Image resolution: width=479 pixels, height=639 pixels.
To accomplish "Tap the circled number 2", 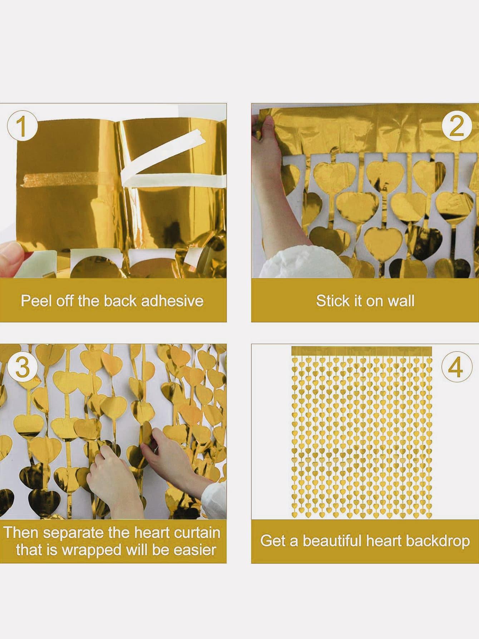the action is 456,126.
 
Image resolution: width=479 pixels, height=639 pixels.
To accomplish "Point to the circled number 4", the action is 456,368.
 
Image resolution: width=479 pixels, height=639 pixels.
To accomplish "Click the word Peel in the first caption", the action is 34,301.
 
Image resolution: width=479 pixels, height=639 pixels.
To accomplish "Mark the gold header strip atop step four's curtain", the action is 362,351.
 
